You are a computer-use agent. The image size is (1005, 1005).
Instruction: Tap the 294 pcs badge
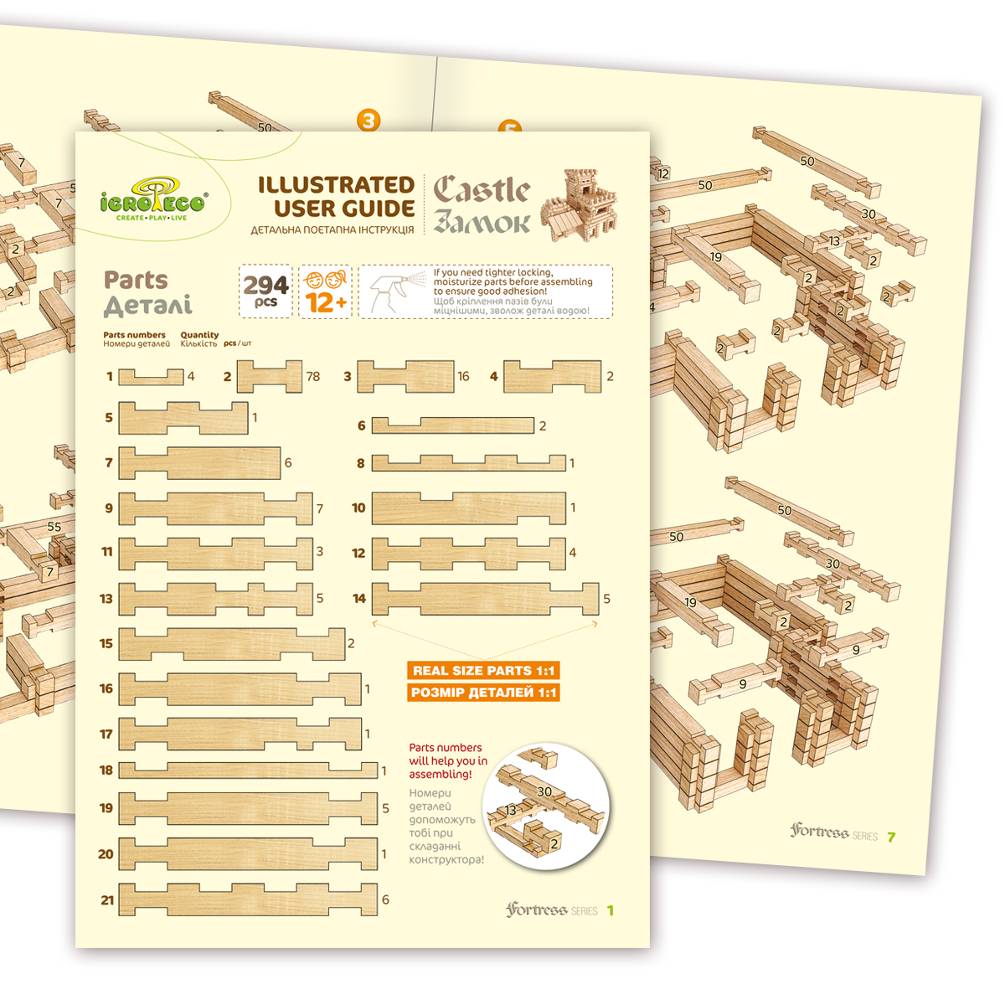265,291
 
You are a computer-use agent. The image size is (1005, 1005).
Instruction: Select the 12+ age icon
326,291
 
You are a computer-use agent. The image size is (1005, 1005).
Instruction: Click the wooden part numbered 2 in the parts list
270,377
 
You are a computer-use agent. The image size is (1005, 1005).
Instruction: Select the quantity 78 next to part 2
313,377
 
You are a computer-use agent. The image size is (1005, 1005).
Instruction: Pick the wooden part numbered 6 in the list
452,425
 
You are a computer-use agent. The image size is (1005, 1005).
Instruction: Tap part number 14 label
359,599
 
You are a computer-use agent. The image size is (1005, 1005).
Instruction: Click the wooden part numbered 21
248,899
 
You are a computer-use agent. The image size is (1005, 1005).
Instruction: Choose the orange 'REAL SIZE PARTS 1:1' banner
483,671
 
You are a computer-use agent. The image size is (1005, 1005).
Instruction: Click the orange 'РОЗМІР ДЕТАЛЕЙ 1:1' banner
483,693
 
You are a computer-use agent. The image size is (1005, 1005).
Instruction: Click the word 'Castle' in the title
482,191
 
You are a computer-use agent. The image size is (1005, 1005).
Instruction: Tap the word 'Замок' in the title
482,223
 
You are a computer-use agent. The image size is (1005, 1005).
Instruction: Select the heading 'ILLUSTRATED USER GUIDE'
336,197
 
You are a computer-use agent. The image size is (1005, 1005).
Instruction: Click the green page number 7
892,837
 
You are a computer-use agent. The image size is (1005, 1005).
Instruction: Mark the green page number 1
611,910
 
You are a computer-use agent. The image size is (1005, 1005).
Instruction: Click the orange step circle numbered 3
368,120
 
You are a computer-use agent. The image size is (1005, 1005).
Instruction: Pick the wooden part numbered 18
248,770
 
